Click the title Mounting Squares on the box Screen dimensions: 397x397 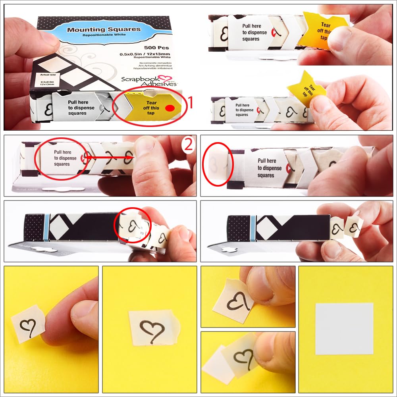pos(104,30)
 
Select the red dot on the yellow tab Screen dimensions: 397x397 pos(170,108)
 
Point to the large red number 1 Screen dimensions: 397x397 pos(189,103)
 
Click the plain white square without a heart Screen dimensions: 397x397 pos(344,328)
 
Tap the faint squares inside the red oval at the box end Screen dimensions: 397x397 pos(216,162)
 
